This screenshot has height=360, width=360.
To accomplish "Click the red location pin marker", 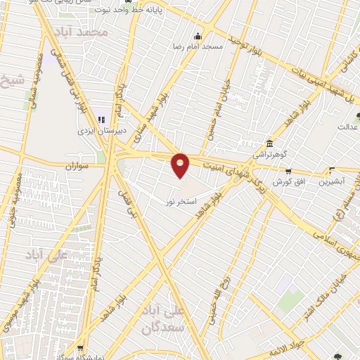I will (x=181, y=165).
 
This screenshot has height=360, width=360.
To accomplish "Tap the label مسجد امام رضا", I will (x=198, y=46).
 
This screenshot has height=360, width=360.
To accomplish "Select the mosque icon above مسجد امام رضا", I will (x=198, y=36).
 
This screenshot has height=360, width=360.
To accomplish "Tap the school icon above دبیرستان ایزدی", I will (x=102, y=120).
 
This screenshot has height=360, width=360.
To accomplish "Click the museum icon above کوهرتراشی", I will (x=269, y=141).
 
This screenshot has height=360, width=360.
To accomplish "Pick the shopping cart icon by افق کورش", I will (x=288, y=172).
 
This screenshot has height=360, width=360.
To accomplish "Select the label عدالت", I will (x=348, y=127).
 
